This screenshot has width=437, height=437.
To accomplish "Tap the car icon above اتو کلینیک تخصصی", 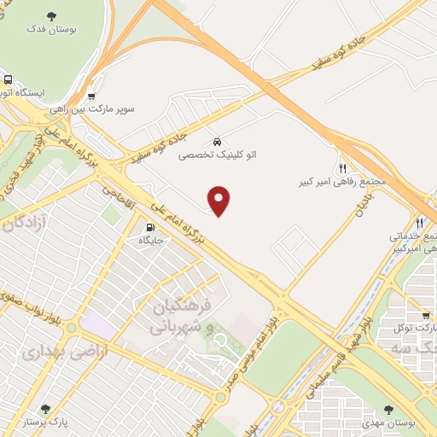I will click(217, 141).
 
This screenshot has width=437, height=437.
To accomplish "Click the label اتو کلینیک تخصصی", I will click(217, 156).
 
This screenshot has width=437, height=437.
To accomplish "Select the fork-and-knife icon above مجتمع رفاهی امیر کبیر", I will click(342, 168).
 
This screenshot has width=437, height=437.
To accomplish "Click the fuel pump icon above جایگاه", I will click(151, 228).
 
